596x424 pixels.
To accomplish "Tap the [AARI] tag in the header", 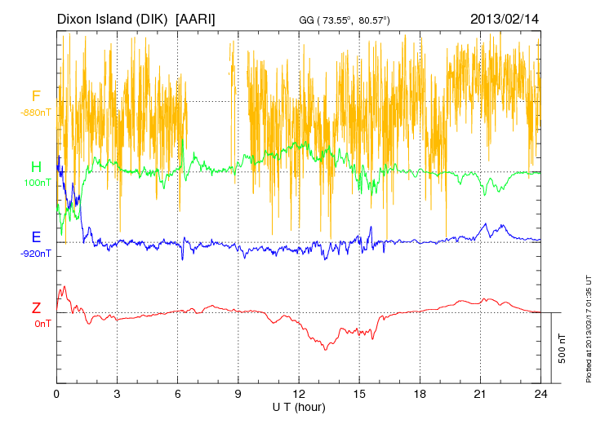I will click(197, 18).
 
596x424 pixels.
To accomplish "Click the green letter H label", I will click(36, 167).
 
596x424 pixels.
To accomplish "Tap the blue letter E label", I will click(36, 237).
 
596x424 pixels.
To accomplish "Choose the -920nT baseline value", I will click(36, 254).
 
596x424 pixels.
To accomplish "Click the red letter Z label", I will click(36, 308).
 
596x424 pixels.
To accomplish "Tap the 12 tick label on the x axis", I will click(299, 393).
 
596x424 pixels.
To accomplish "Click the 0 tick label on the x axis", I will click(57, 393).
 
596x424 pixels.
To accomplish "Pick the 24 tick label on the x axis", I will click(540, 393).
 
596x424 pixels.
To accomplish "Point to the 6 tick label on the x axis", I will click(178, 393).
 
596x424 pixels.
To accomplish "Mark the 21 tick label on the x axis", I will click(480, 393).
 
